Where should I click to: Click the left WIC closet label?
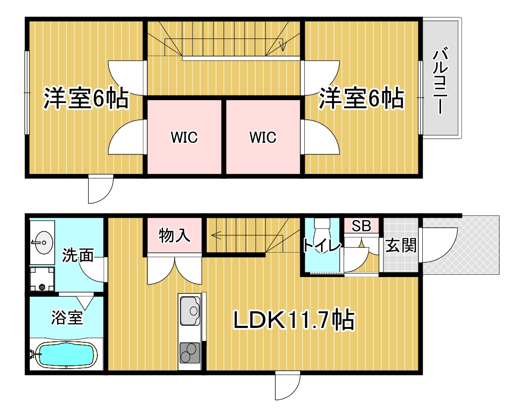(x=184, y=137)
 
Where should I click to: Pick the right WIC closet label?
(x=263, y=137)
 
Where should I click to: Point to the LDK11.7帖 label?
(x=294, y=320)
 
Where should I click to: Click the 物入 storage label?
(x=174, y=236)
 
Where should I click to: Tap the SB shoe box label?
(x=361, y=226)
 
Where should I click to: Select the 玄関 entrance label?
(x=401, y=246)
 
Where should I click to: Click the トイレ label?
(x=321, y=246)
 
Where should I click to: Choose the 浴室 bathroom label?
(x=67, y=317)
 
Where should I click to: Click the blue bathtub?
(x=66, y=355)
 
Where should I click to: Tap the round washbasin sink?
(x=43, y=243)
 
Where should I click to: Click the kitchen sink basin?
(x=190, y=311)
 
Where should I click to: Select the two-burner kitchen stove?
(x=190, y=353)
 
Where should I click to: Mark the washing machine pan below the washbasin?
(x=42, y=279)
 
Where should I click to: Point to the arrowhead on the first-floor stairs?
(x=214, y=236)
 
